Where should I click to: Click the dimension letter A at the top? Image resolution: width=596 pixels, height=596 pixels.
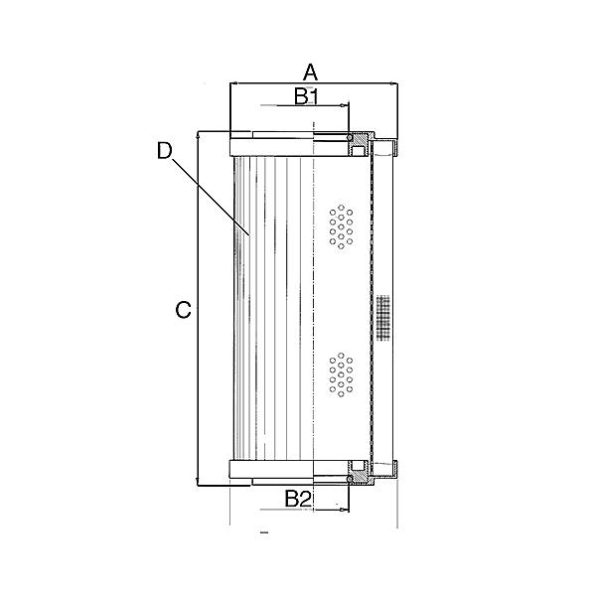(x=310, y=72)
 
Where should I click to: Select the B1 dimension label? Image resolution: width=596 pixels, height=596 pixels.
(x=305, y=96)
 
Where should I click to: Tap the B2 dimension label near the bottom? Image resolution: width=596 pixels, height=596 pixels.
(x=299, y=499)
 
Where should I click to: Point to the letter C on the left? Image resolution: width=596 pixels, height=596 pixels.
(x=183, y=311)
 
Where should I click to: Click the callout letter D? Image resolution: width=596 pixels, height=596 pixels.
(x=165, y=150)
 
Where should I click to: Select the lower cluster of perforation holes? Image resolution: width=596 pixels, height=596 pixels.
(x=341, y=374)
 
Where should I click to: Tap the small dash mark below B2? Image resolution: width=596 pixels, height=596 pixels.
(x=263, y=534)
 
